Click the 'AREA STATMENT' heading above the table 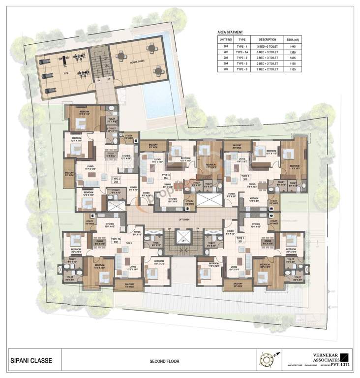(x=230, y=32)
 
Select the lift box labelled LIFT (x=182, y=242)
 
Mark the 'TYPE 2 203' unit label (x=116, y=180)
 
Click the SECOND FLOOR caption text (x=164, y=361)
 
